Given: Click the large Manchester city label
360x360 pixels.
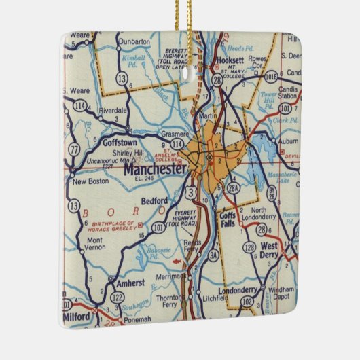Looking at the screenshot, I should point(154,170).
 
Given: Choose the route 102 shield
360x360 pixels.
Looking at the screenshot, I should point(247,300).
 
